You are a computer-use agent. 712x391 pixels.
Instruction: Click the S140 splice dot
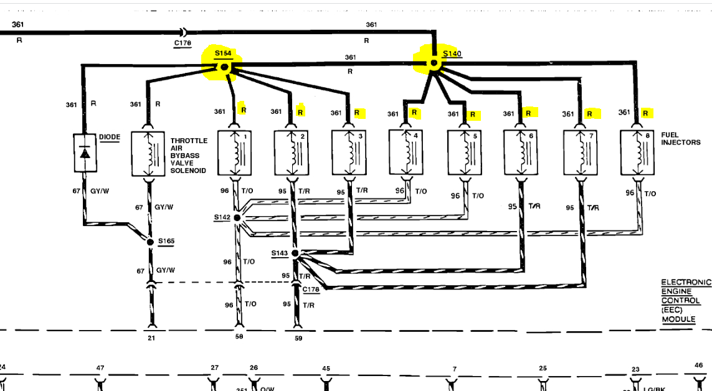coord(434,64)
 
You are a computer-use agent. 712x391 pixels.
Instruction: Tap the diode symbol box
coord(85,153)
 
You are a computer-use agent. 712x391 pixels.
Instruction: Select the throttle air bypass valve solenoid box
coord(149,153)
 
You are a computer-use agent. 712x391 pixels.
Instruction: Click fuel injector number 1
coord(235,153)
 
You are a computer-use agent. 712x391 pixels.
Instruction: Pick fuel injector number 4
coord(406,153)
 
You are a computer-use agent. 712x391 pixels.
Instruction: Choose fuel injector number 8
coord(638,153)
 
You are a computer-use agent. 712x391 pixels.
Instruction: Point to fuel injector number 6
coord(521,153)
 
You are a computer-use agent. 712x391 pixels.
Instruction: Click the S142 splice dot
coord(237,218)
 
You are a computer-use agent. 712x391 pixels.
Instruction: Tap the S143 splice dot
coord(295,253)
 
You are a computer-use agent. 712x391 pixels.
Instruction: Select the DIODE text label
coord(109,137)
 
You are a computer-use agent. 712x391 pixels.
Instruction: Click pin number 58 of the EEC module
coord(239,336)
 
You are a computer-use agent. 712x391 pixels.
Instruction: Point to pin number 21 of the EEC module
coord(150,337)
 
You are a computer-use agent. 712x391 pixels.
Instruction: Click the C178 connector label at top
coord(183,43)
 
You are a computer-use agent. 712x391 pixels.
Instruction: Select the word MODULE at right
coord(678,319)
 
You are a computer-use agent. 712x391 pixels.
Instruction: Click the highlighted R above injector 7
coord(589,114)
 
